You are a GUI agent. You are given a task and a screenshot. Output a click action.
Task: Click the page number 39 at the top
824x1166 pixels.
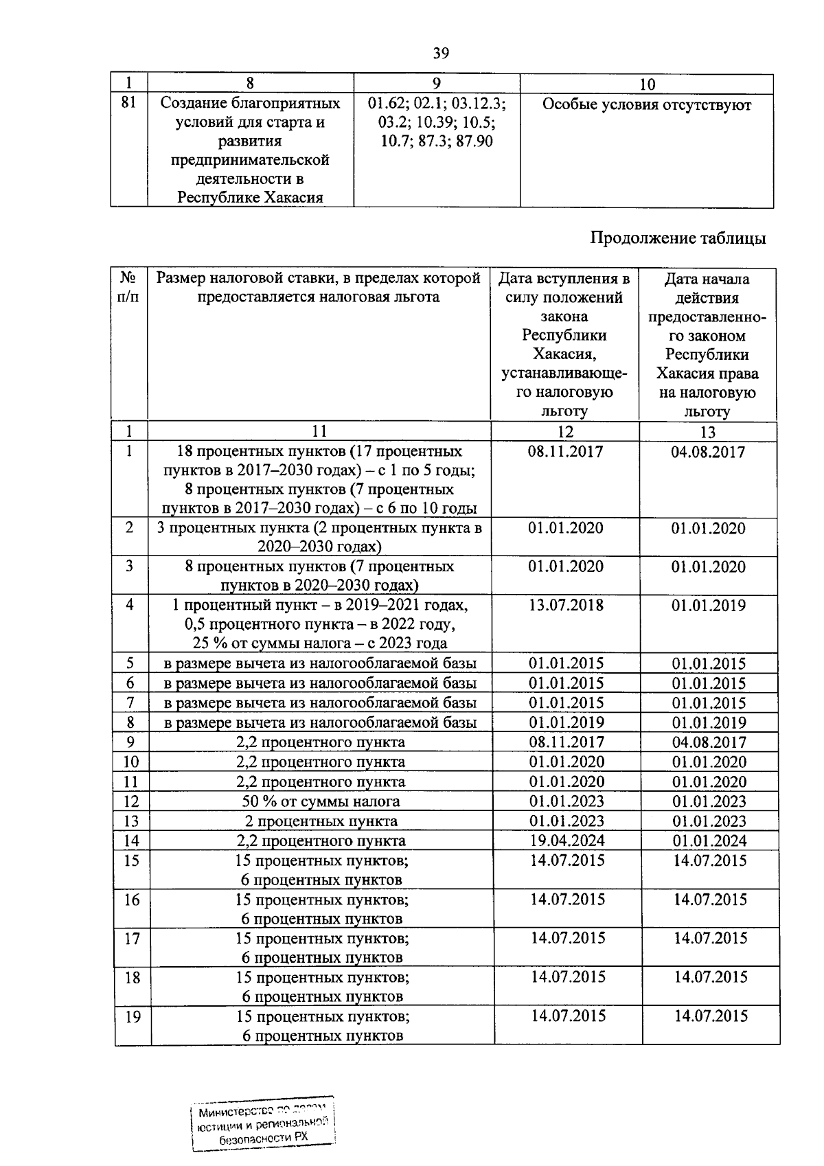point(441,53)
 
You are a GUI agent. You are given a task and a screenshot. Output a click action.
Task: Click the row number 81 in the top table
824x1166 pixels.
point(128,102)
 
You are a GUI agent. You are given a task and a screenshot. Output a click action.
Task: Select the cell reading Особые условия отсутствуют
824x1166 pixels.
point(646,105)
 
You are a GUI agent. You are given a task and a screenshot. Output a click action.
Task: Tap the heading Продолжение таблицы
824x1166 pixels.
point(678,238)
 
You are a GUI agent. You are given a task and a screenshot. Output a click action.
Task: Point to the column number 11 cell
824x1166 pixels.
point(319,431)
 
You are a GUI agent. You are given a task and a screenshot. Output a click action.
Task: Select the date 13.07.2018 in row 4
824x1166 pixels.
point(566,605)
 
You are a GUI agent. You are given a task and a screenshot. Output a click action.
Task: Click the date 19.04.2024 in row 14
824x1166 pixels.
point(566,841)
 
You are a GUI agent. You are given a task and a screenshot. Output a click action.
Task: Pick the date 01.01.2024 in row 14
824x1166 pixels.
point(709,841)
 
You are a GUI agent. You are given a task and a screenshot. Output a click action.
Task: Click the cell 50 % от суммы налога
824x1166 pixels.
point(320,801)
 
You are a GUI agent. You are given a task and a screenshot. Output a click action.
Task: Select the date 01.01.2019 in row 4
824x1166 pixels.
point(709,606)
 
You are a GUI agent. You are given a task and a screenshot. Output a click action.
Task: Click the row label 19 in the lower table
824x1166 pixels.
point(133,1017)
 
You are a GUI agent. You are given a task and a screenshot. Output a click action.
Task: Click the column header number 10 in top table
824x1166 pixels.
point(646,84)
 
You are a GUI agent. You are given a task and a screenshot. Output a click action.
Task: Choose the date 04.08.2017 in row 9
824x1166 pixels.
point(709,742)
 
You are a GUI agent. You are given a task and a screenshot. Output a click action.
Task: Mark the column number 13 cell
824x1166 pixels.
point(707,432)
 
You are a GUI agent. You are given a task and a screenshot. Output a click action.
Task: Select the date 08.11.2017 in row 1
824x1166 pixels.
point(566,452)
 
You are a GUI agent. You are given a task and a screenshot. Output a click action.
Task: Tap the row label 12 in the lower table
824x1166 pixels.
point(131,801)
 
